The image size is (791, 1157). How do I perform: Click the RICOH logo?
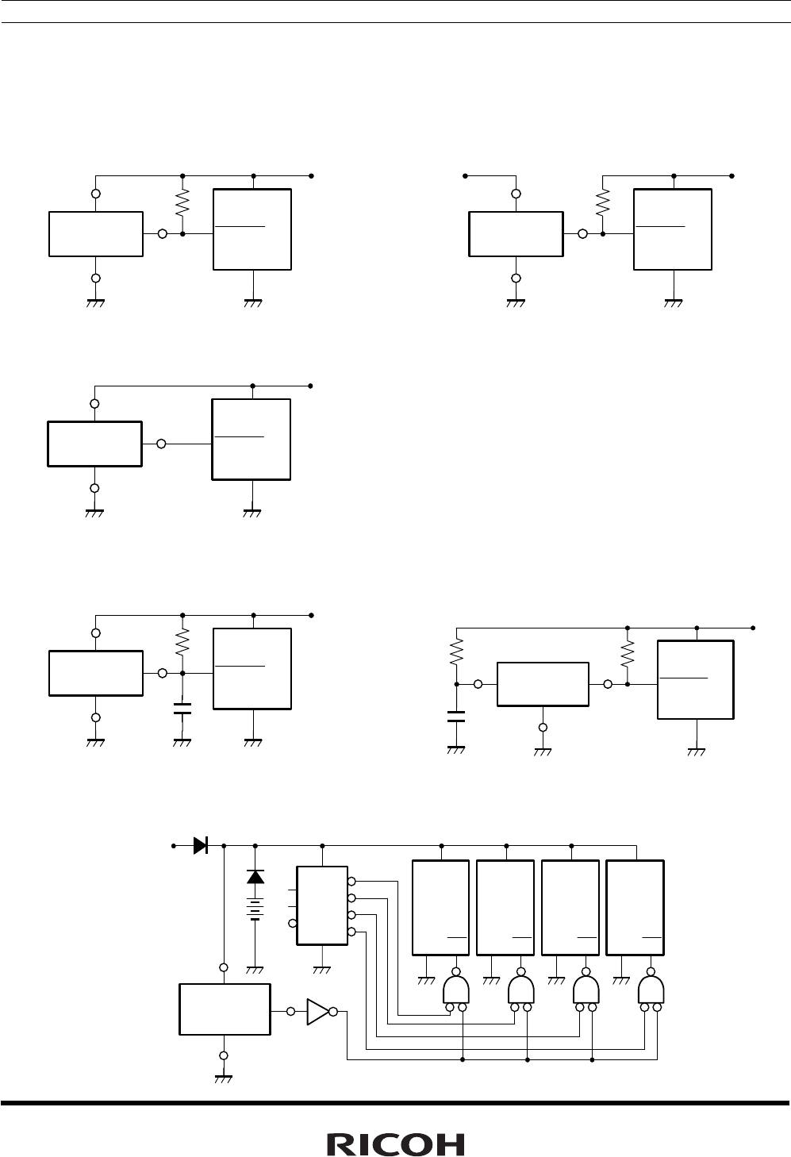(x=396, y=1144)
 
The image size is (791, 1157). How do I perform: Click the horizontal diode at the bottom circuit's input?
(x=200, y=845)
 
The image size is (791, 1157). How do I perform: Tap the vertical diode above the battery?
(x=255, y=877)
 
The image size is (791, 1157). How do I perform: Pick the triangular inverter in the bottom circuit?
(x=317, y=1012)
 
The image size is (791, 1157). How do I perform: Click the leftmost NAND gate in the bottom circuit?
(x=456, y=990)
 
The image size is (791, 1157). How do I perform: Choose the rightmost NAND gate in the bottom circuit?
(x=651, y=990)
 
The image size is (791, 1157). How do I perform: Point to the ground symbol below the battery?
(x=255, y=969)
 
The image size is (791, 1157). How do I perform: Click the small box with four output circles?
(x=322, y=905)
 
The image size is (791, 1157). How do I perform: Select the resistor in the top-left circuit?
(x=182, y=202)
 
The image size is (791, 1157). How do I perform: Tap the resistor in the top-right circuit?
(x=603, y=202)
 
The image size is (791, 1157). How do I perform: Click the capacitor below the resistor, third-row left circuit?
(x=182, y=708)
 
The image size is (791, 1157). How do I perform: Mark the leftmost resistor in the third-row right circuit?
(x=456, y=653)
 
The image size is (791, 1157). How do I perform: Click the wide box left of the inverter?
(x=225, y=1009)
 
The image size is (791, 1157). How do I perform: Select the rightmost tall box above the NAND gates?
(x=635, y=907)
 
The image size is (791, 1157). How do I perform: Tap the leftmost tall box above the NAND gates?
(x=441, y=907)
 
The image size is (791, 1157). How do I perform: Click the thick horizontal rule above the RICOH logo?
(x=395, y=1102)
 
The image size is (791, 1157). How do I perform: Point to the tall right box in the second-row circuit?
(x=252, y=439)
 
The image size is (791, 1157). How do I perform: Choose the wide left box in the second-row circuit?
(x=94, y=444)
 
